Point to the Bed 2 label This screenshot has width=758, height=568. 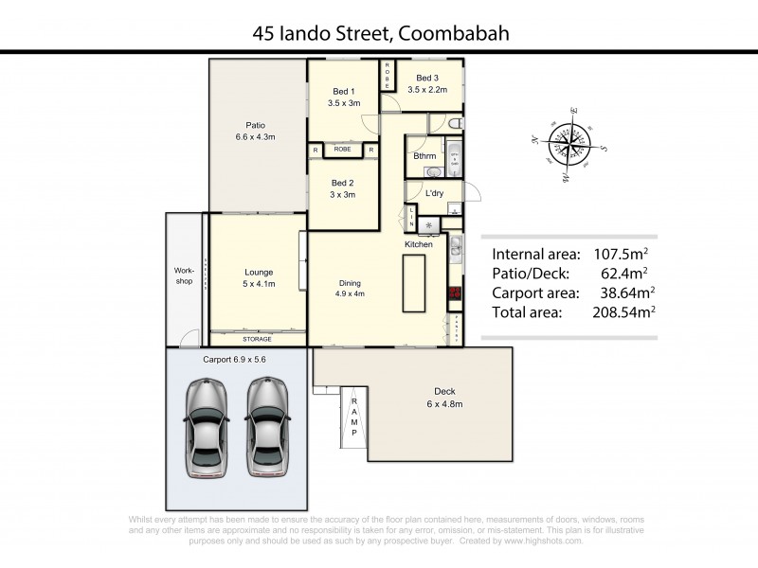click(342, 188)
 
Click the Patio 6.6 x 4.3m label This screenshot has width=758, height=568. click(255, 131)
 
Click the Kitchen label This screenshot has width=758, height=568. click(419, 245)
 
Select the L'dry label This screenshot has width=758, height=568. click(435, 194)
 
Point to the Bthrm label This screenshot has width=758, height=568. click(423, 157)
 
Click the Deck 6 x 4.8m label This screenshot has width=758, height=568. click(444, 398)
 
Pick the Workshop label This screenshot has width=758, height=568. click(184, 275)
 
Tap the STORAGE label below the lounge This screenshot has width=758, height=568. click(257, 339)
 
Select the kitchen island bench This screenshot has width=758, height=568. click(414, 283)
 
